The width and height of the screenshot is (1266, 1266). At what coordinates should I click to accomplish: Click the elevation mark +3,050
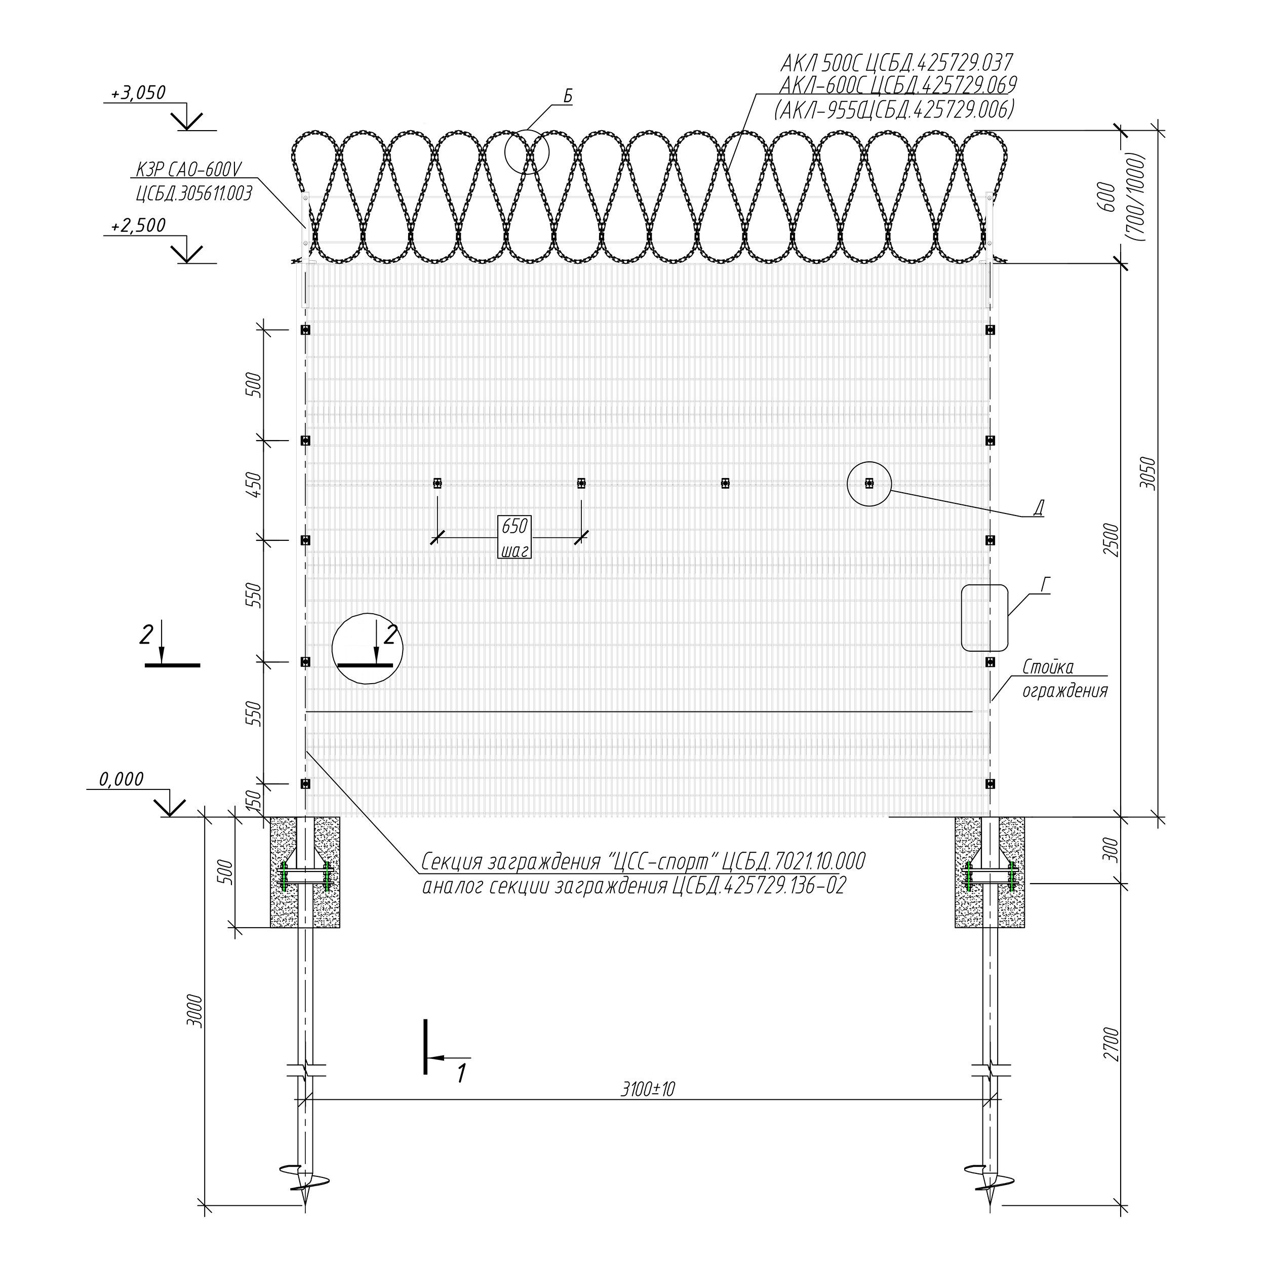(x=138, y=93)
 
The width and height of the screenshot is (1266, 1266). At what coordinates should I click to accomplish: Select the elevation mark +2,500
(x=138, y=225)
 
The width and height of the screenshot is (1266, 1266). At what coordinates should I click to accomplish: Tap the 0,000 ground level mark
(x=121, y=779)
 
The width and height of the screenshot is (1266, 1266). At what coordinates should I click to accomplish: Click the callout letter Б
(x=568, y=96)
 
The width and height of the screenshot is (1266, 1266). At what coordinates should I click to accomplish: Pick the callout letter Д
(x=1038, y=508)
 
